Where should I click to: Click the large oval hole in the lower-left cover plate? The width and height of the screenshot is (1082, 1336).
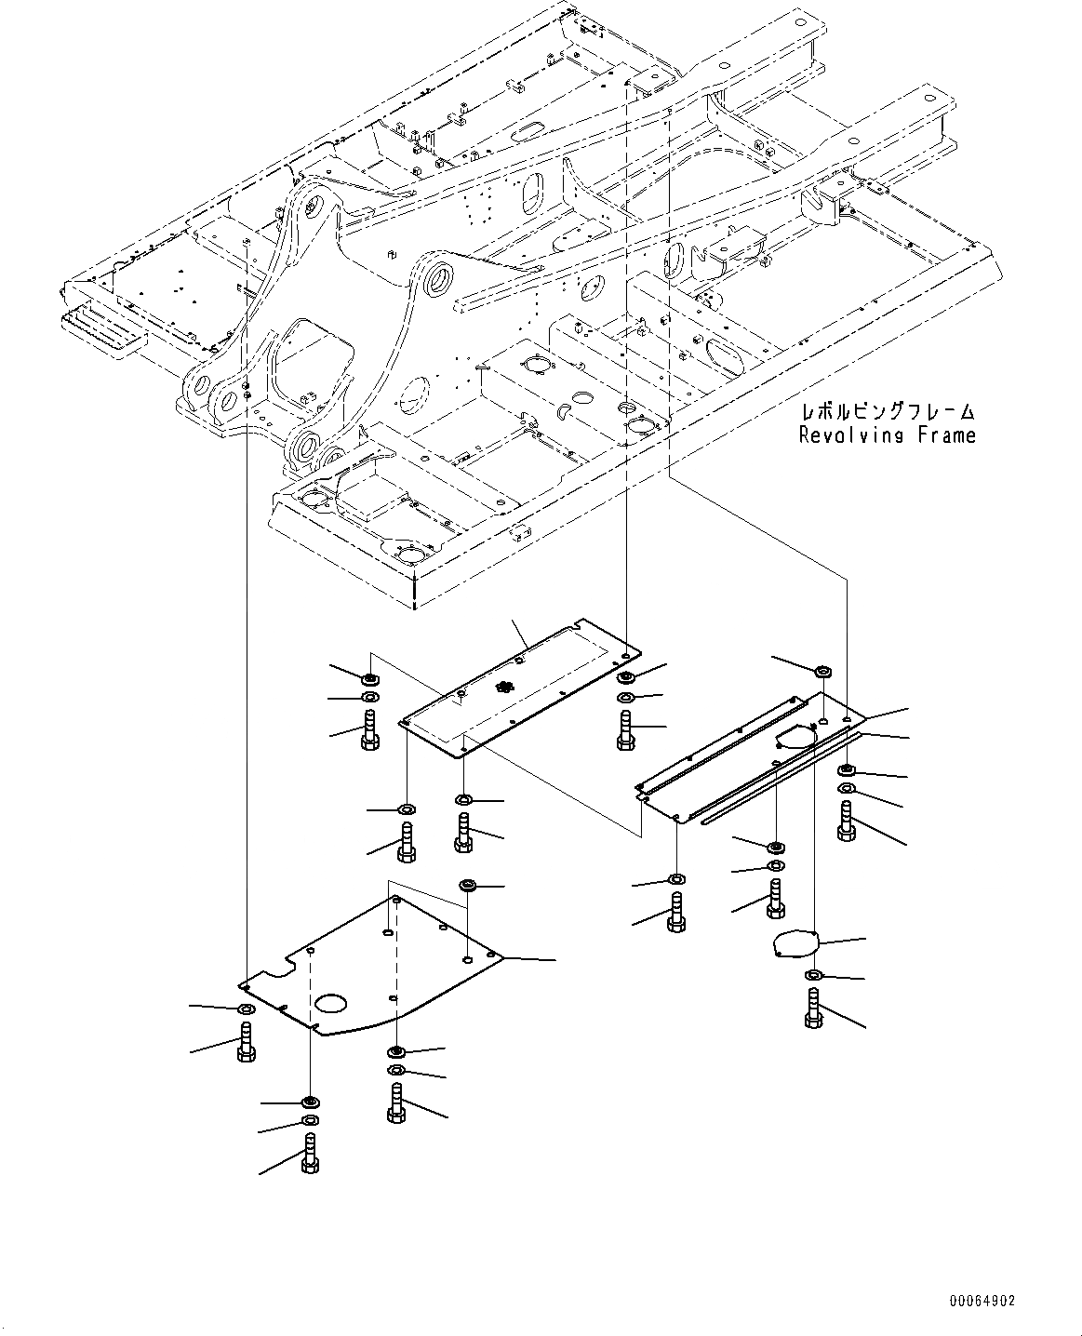330,1003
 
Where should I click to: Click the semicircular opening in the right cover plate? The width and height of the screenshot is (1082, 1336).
794,738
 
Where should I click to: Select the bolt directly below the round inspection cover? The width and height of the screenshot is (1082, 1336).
812,1009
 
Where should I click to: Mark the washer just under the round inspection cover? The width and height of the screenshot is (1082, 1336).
812,975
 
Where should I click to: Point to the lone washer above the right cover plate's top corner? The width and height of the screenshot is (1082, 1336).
822,672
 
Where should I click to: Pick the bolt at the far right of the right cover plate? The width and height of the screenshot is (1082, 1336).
846,822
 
